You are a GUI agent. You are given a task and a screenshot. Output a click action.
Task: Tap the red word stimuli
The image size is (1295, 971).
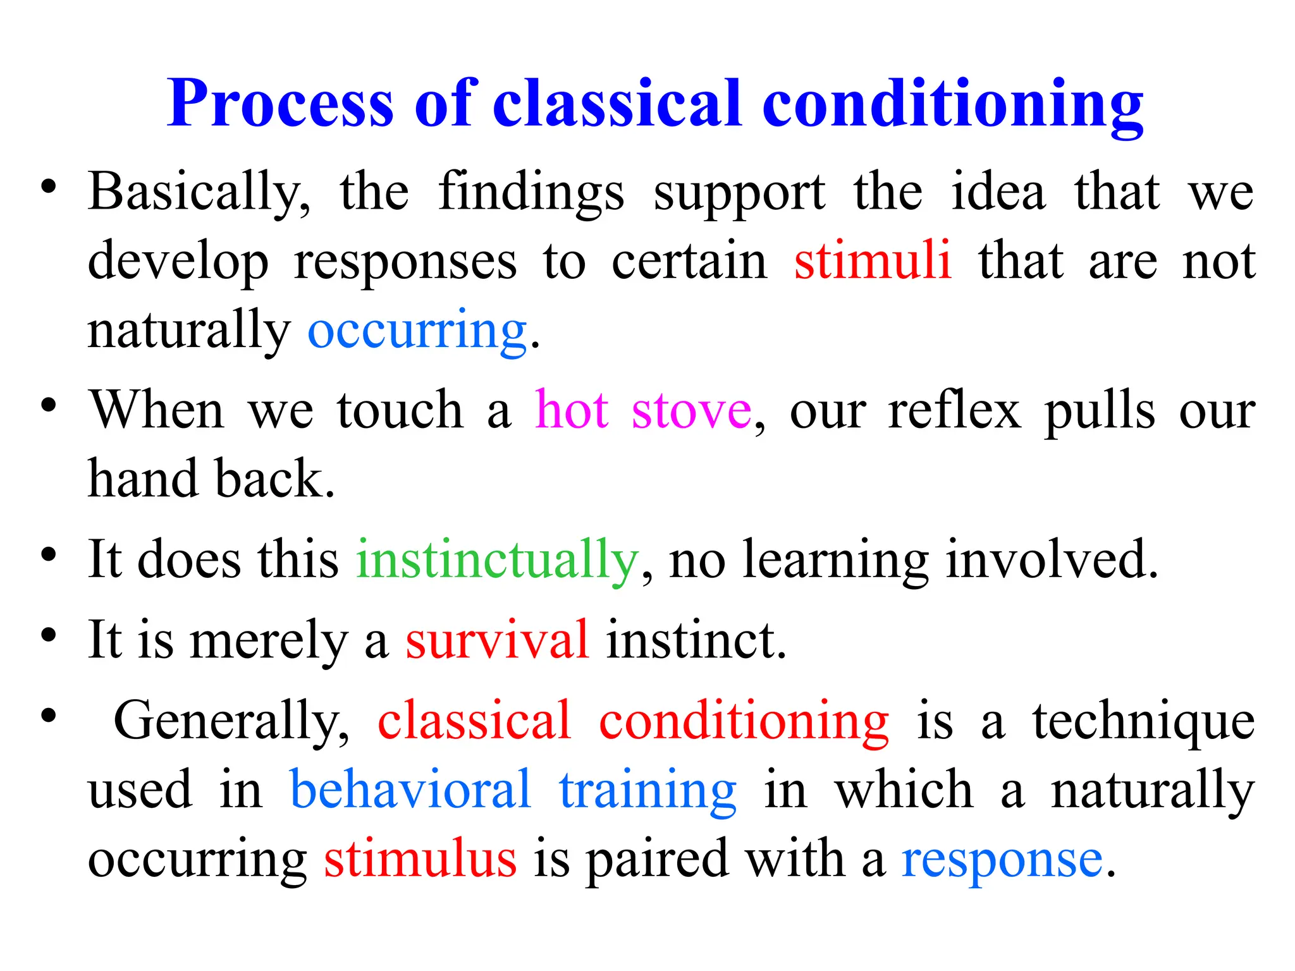tap(873, 261)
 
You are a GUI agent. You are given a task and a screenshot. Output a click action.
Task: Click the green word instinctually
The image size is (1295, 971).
tap(497, 560)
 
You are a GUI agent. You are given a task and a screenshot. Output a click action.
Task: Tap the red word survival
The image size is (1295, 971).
tap(497, 640)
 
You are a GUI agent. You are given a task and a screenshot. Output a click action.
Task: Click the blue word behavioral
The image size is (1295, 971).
tap(410, 790)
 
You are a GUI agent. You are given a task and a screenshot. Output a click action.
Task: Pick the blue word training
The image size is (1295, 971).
tap(648, 790)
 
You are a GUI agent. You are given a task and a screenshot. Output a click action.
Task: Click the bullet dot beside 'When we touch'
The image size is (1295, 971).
tap(49, 405)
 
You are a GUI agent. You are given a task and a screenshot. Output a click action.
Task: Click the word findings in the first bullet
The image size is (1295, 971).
tap(531, 193)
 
